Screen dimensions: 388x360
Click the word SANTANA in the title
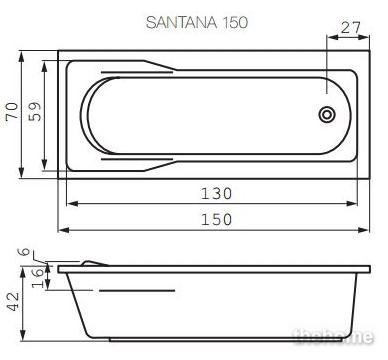[181, 22]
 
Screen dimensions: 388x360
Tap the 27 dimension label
[350, 27]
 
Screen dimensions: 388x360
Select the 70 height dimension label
[13, 111]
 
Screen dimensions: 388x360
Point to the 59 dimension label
[35, 111]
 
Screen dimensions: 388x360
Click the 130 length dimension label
[216, 194]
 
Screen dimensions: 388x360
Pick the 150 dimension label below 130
[216, 220]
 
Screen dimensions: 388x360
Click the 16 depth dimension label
[38, 278]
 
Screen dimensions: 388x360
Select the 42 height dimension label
[13, 302]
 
